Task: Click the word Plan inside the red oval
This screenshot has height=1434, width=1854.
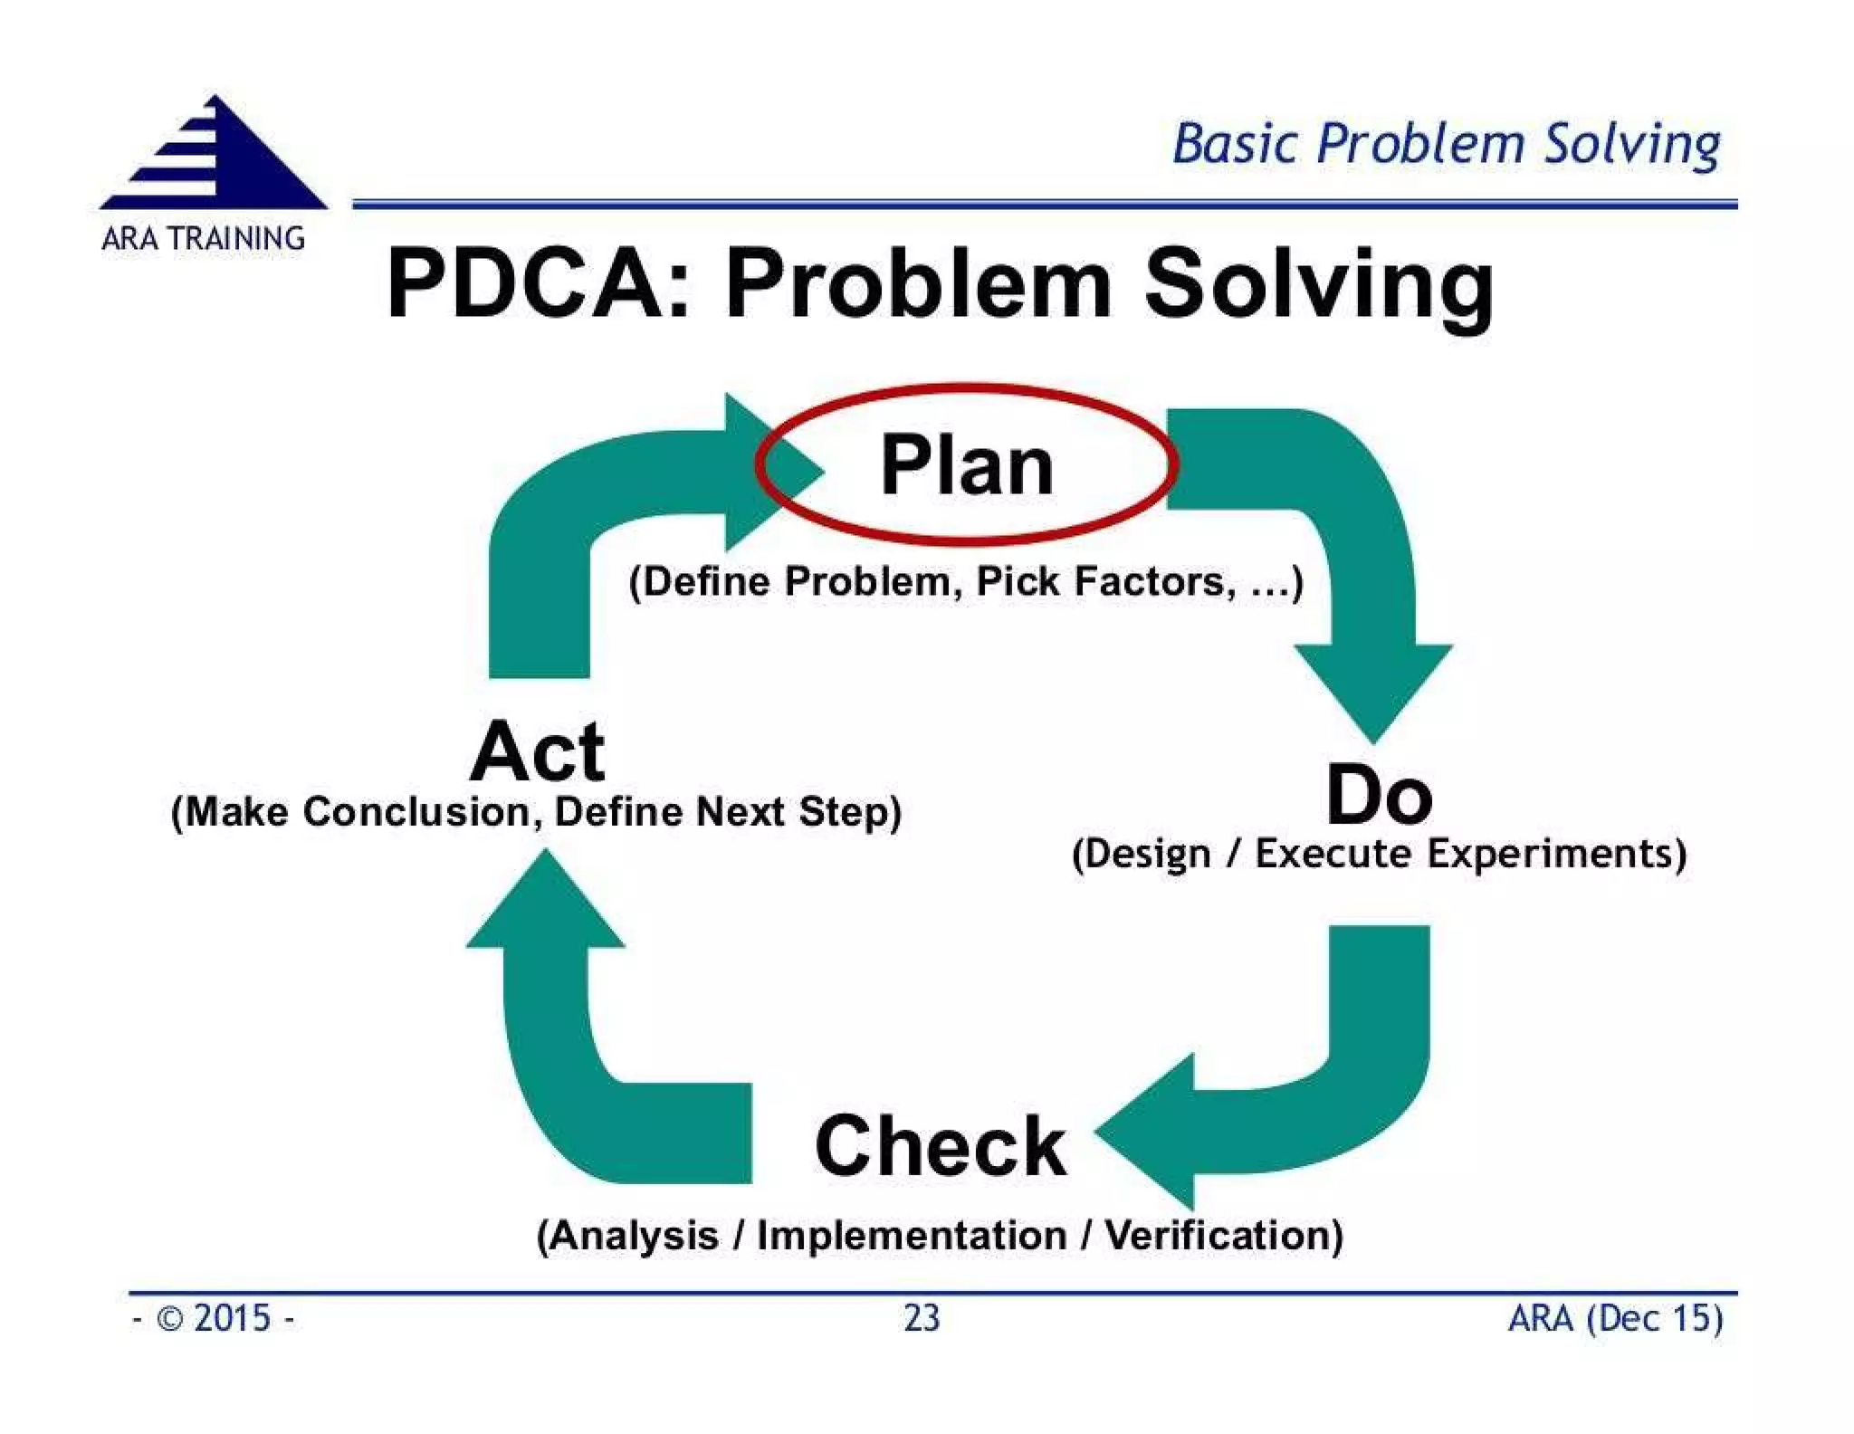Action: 967,466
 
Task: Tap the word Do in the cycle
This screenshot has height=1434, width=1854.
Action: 1379,796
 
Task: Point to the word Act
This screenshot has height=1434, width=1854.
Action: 538,751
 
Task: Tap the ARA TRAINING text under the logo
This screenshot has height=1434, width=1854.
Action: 203,239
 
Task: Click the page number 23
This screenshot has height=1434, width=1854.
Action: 922,1318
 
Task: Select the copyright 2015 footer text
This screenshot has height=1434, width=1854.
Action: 214,1318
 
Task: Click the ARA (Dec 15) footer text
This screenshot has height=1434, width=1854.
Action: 1615,1318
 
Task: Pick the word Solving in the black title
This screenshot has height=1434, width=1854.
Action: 1318,286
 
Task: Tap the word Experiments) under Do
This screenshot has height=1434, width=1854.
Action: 1557,854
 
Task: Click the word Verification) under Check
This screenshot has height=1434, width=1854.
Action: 1224,1236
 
